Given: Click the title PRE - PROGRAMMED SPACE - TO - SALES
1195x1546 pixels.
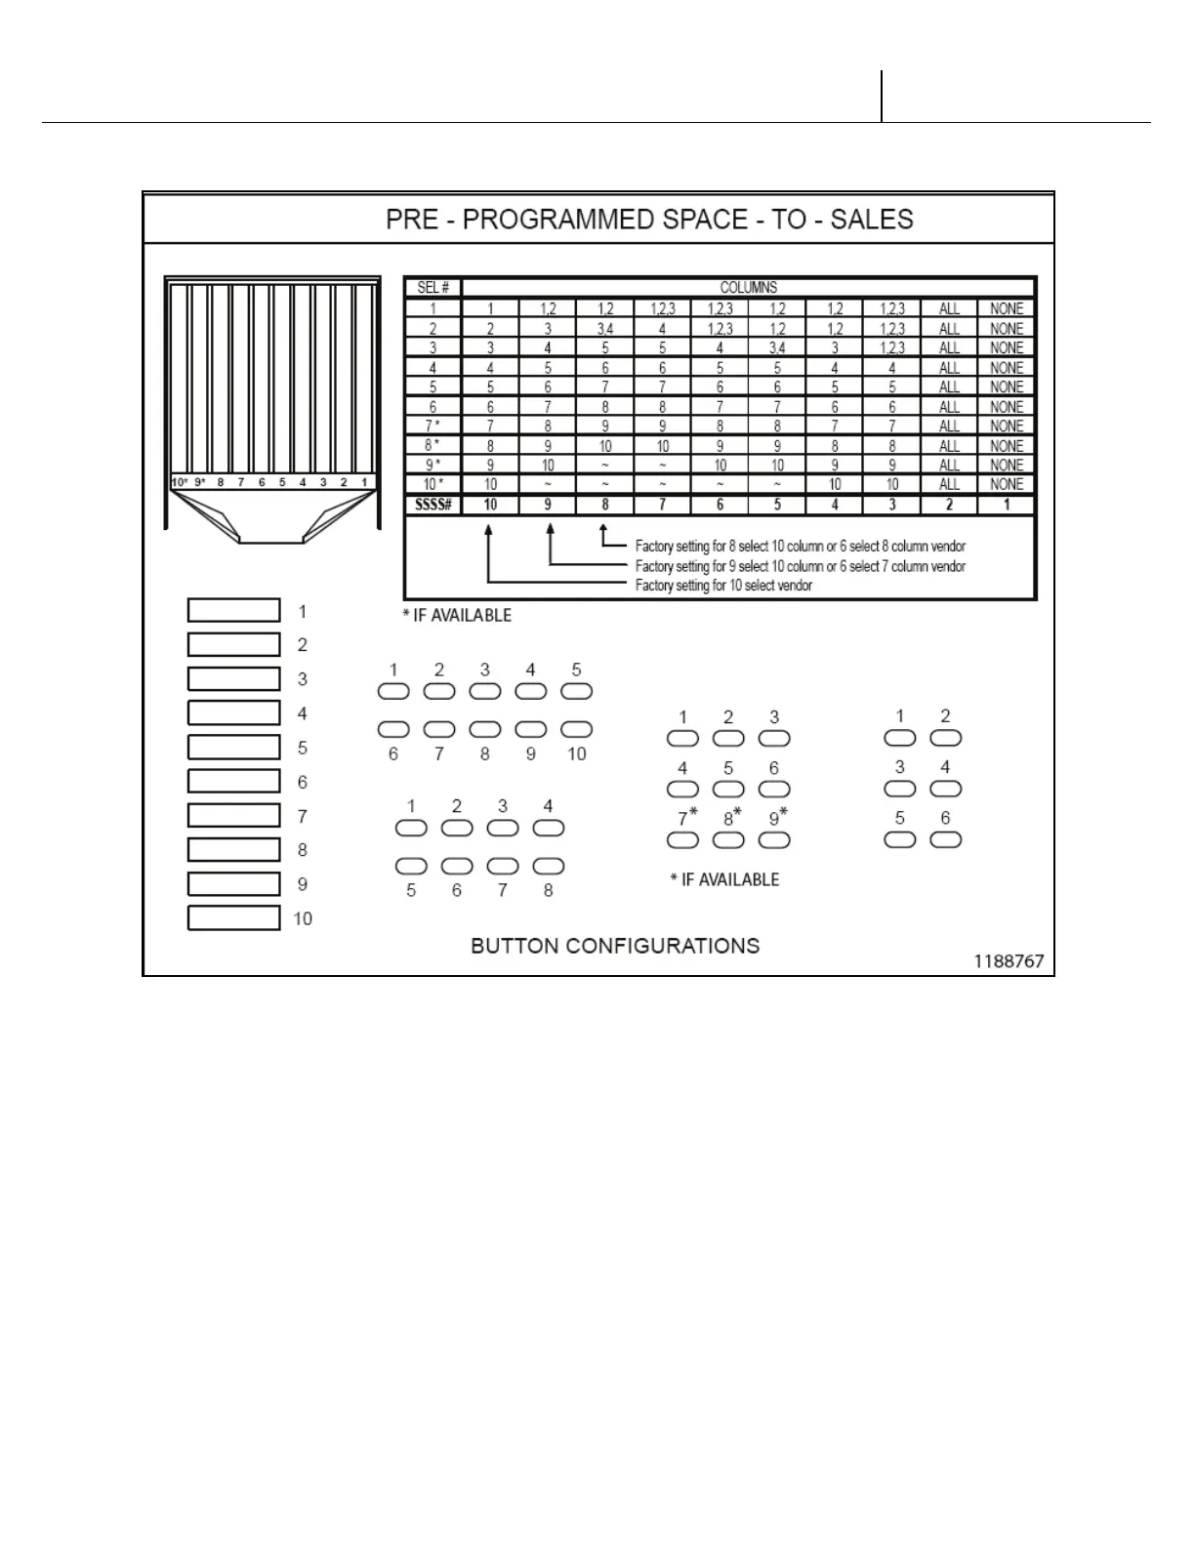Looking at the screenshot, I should (649, 219).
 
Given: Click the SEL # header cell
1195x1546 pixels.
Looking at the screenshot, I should (433, 288).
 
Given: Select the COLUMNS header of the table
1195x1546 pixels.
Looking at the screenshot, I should (749, 288).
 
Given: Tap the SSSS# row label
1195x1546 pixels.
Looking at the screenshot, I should (433, 505).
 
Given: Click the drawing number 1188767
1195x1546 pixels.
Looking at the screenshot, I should (1009, 961).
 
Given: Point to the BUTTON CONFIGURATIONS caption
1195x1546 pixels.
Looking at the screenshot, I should (615, 946).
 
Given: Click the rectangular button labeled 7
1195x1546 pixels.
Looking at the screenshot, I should (233, 815).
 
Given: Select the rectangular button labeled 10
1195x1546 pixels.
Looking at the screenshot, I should (233, 917).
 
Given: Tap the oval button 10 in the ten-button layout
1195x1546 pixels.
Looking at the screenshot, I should (577, 729).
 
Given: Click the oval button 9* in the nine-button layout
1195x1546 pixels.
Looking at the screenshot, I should (774, 839).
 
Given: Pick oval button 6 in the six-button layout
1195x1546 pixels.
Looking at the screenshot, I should (945, 839).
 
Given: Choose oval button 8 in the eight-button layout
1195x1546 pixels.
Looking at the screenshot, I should (549, 866).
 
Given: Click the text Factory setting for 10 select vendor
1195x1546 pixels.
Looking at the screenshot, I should (723, 586).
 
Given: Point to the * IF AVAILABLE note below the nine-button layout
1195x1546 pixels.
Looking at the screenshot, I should (724, 879).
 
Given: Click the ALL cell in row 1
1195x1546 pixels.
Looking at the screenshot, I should (949, 308).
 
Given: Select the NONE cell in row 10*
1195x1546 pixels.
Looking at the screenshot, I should (1007, 484).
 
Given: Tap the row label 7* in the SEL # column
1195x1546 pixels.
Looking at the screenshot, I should (433, 426).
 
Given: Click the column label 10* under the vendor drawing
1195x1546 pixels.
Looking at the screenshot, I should (180, 482).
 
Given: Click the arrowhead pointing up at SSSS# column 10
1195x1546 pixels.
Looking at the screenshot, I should (489, 529).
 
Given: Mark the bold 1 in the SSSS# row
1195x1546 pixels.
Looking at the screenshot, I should (1007, 505).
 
